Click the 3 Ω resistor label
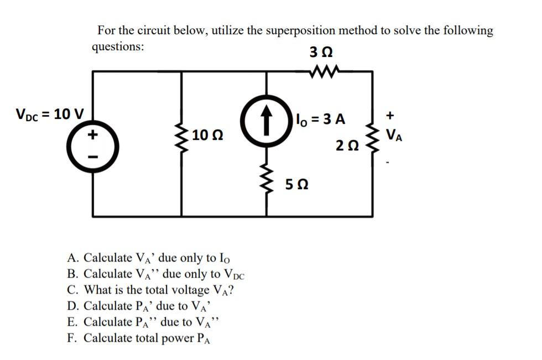322,54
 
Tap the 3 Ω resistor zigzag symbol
322,71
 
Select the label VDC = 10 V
50,115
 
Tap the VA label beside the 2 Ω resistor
394,134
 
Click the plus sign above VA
390,116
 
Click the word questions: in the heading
118,46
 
